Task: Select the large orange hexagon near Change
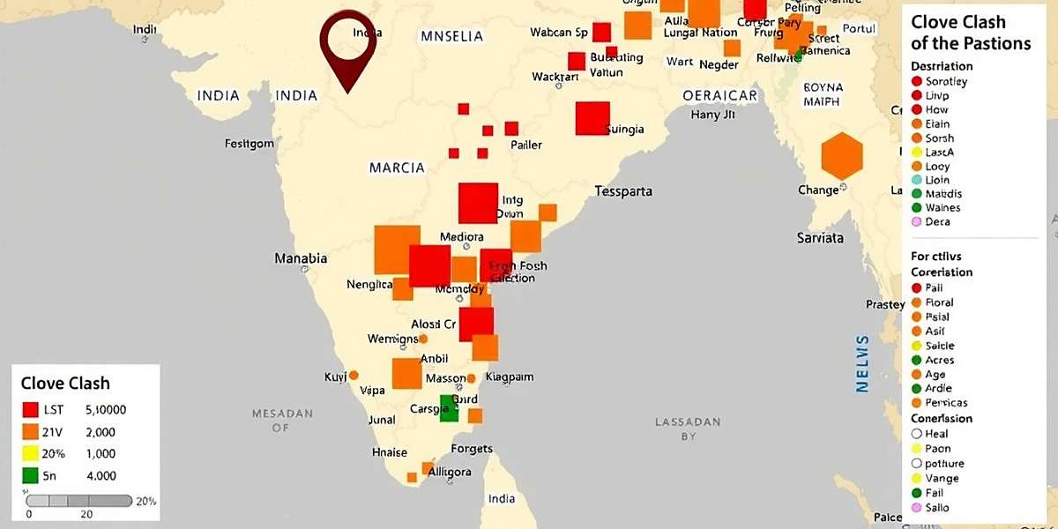point(842,156)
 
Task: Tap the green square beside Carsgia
point(449,408)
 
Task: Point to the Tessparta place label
point(623,190)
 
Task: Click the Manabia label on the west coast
point(301,258)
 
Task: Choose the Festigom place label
point(250,143)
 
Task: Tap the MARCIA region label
point(397,168)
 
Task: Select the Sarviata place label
point(820,238)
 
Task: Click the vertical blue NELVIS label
point(862,363)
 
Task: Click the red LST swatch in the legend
point(31,410)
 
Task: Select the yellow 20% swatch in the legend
point(31,453)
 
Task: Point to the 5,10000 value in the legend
point(106,410)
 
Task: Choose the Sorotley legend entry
point(946,82)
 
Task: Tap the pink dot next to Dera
point(917,222)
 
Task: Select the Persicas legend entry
point(946,403)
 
